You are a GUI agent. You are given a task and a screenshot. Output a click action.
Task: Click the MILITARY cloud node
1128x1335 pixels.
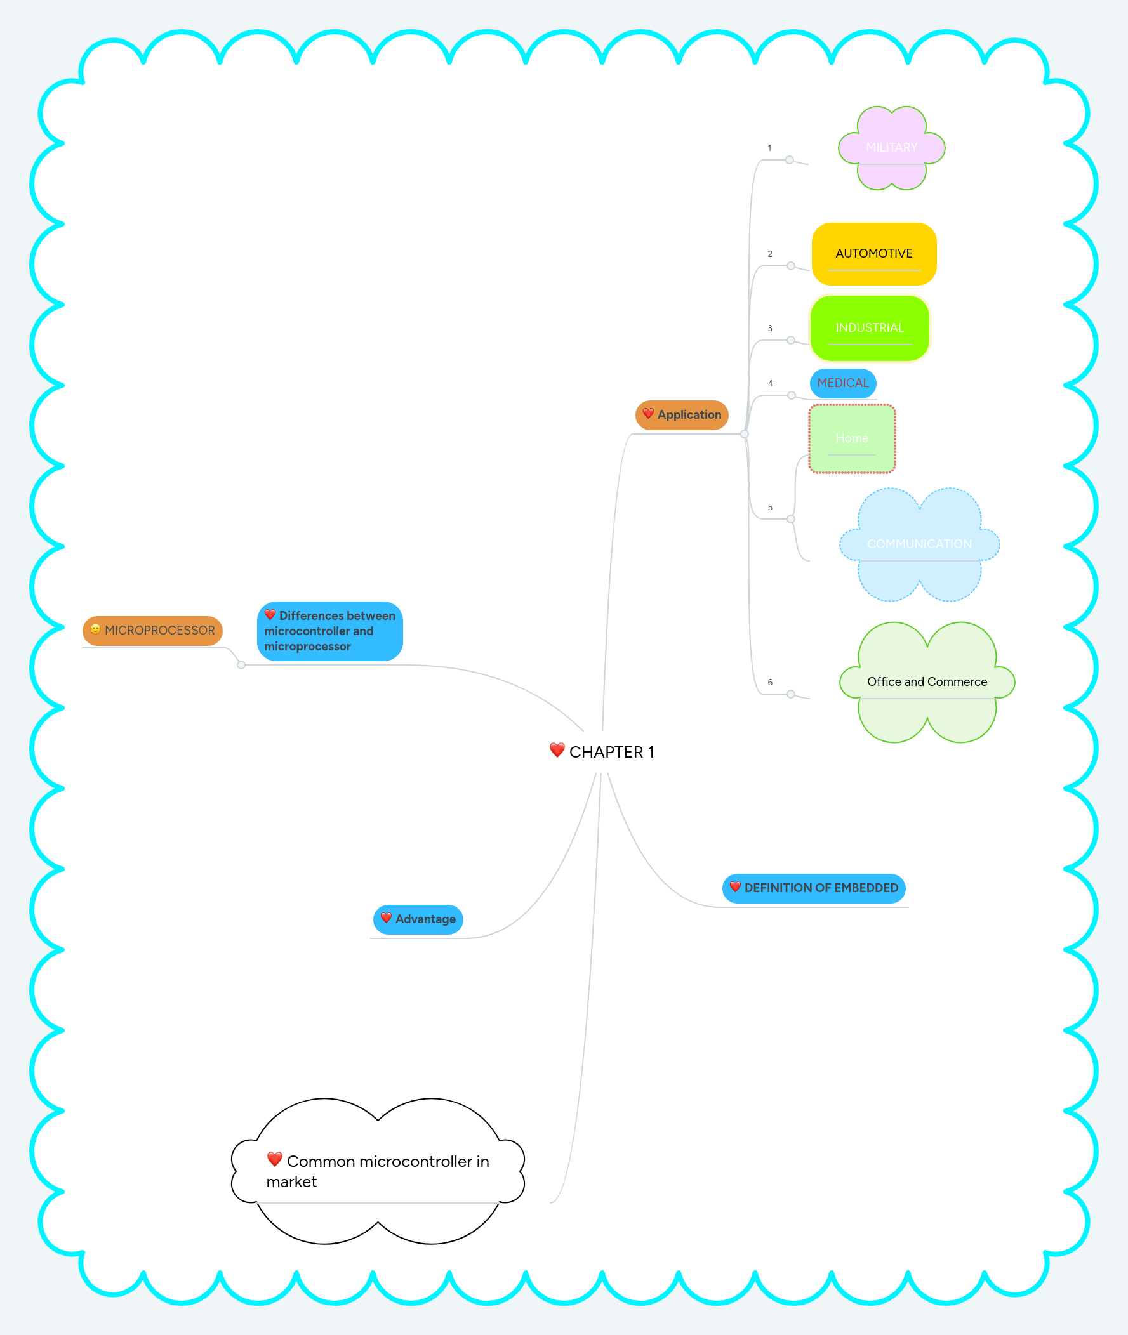(891, 148)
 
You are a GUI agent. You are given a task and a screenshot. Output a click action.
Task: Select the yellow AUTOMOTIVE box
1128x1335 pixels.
(873, 254)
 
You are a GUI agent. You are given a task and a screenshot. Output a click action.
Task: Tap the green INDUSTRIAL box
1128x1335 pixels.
(869, 328)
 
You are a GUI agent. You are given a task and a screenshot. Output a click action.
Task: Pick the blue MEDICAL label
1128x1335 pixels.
(843, 383)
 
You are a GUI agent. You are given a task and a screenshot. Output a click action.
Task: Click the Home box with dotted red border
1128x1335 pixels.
(852, 438)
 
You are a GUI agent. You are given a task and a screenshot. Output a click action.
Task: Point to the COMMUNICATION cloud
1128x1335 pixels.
(919, 544)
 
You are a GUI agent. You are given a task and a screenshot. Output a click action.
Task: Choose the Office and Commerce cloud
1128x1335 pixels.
(927, 682)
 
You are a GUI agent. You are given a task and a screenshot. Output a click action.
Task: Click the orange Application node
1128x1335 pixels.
(682, 415)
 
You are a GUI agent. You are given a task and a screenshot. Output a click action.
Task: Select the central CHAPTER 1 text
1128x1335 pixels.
(611, 752)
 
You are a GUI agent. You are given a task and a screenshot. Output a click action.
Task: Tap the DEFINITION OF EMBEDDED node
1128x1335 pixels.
(813, 888)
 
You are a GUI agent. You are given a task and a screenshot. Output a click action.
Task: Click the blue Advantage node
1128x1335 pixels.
(418, 919)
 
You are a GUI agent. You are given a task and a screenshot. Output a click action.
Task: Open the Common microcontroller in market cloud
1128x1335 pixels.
(377, 1171)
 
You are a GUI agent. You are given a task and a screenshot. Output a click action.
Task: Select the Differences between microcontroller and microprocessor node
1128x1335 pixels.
(329, 631)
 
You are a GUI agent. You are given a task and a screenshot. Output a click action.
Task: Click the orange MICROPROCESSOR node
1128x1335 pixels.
(153, 630)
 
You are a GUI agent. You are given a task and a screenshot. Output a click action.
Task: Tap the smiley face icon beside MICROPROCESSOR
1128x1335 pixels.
(95, 629)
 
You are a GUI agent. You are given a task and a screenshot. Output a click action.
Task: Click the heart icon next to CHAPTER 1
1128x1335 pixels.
(557, 749)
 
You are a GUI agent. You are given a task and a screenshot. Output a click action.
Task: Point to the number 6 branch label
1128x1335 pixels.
(770, 683)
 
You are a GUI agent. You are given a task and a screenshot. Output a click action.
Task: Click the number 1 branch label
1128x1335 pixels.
(769, 148)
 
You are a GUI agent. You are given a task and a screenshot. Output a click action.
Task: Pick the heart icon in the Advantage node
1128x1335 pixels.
(385, 917)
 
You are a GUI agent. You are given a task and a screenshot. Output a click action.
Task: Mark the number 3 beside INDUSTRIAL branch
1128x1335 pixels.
(770, 329)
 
